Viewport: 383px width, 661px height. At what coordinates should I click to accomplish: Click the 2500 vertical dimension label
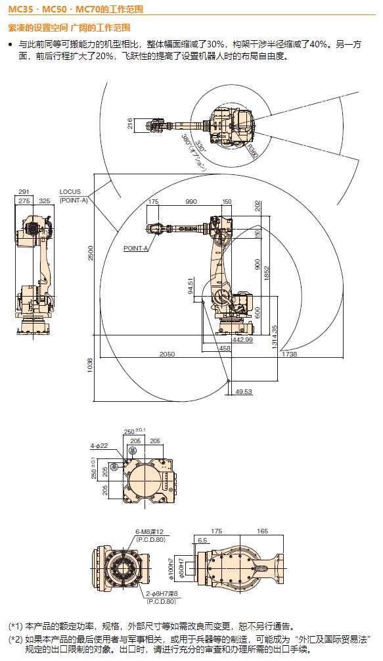(91, 253)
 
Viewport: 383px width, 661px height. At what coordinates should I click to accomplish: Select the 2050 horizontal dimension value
(167, 354)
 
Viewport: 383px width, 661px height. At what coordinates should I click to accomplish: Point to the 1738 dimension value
(290, 354)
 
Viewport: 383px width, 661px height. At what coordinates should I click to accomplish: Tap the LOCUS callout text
(70, 192)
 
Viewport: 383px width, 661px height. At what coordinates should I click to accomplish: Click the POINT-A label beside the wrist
(135, 249)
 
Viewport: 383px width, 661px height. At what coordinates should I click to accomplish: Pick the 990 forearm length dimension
(191, 201)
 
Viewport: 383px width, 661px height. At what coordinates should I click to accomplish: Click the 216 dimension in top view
(129, 124)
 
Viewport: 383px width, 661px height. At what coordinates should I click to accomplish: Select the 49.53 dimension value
(244, 391)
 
